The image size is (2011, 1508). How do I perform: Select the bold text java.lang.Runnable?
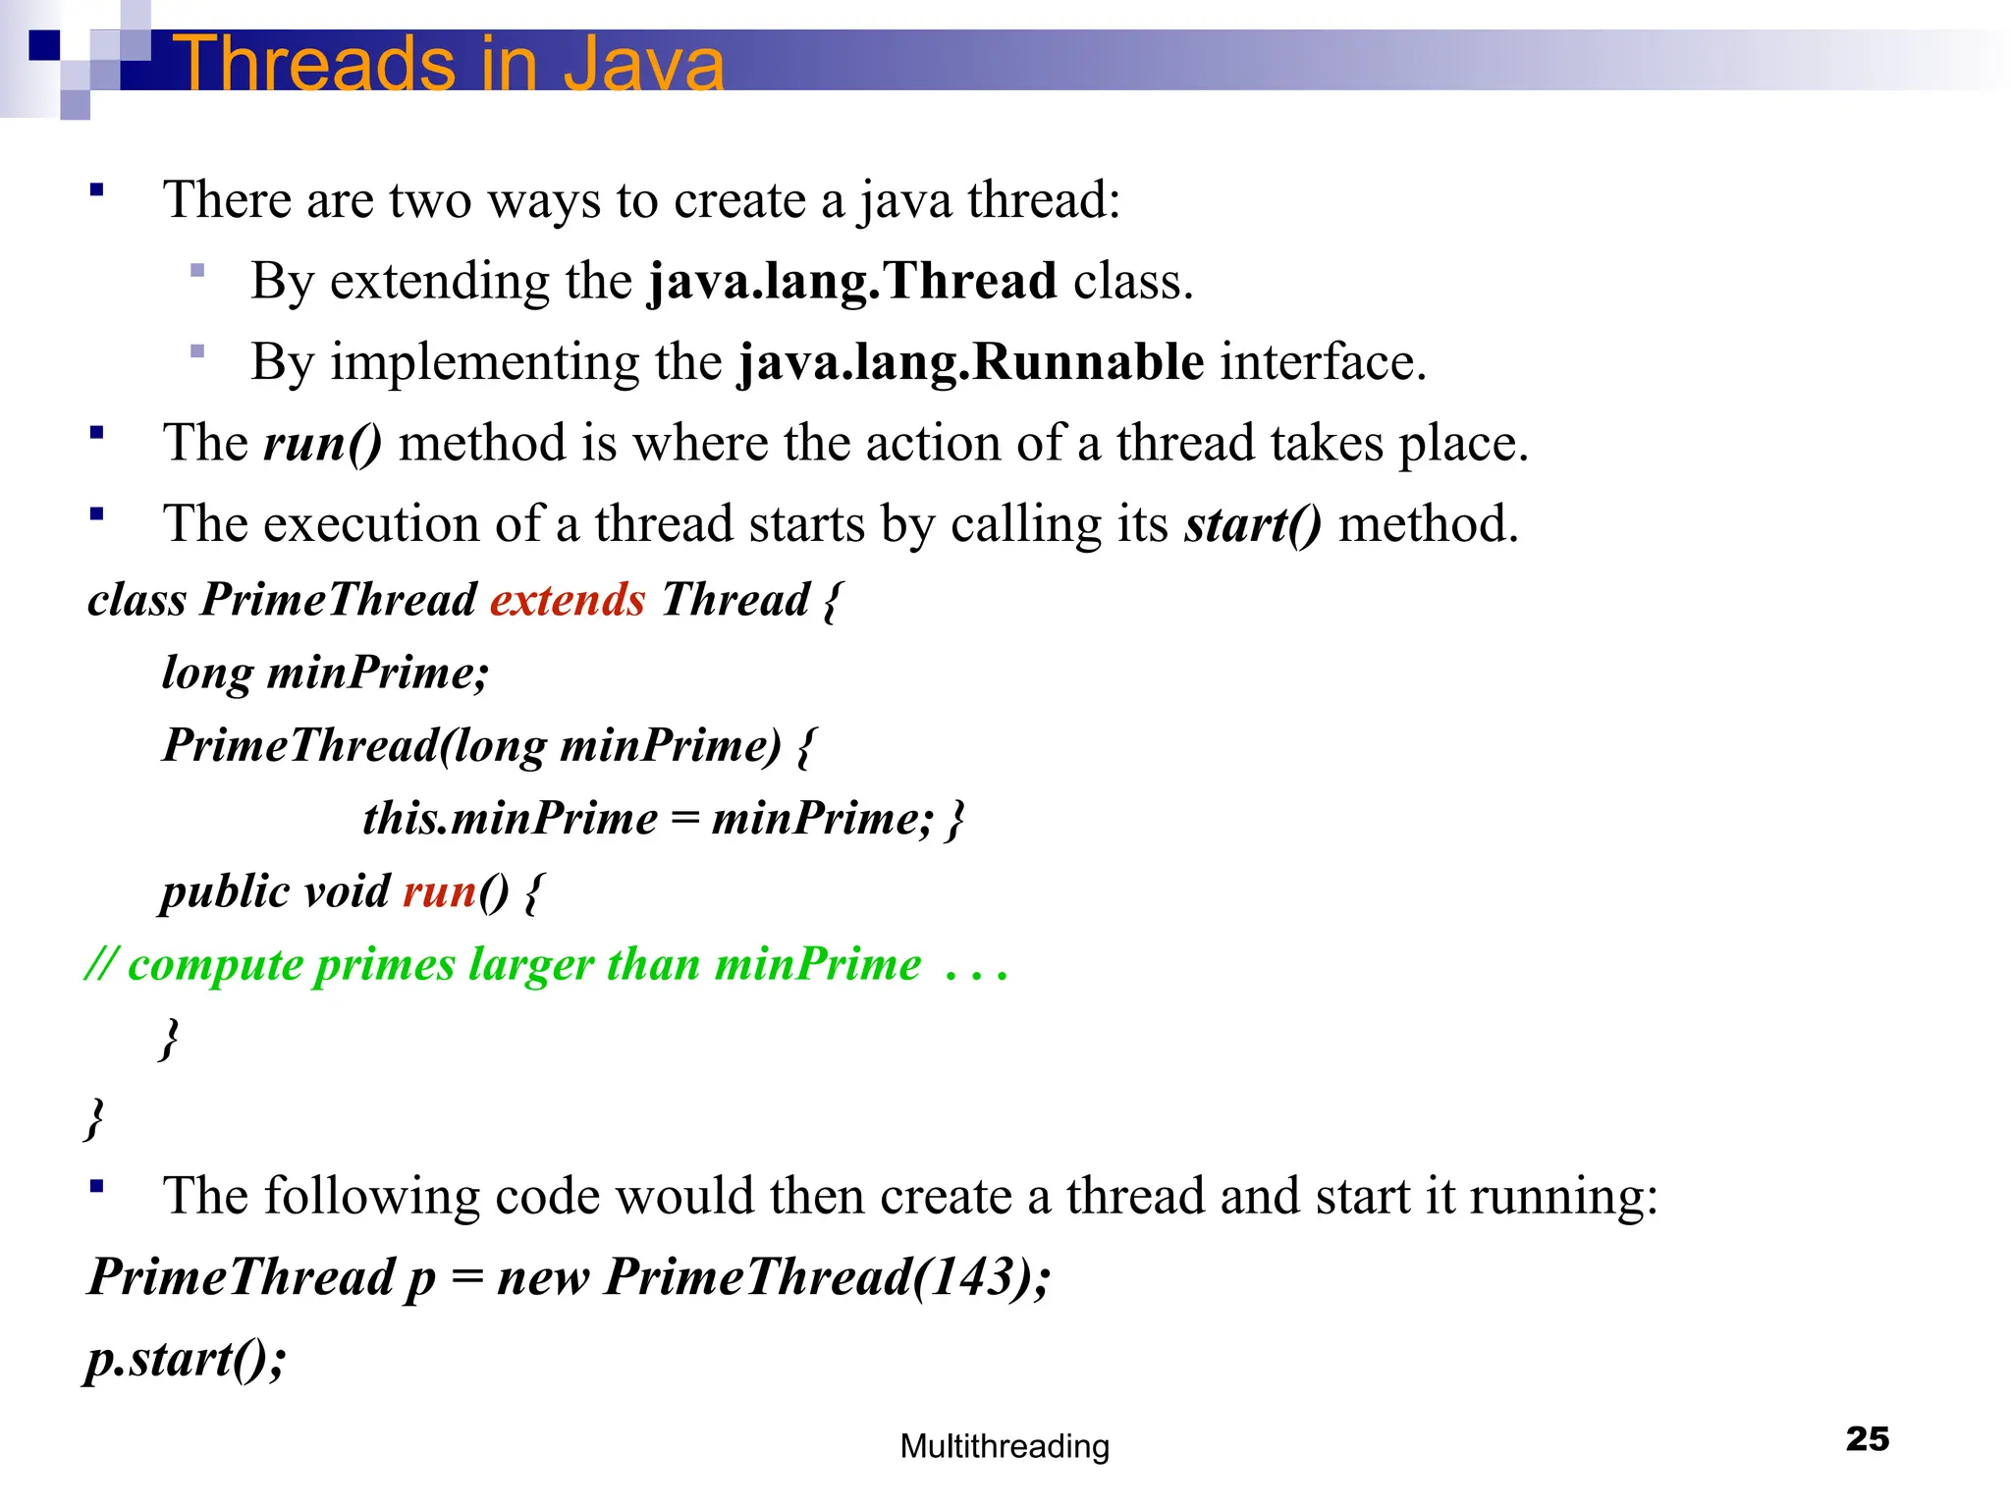pyautogui.click(x=971, y=362)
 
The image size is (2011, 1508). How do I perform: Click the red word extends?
pyautogui.click(x=568, y=600)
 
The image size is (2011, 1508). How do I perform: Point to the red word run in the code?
pyautogui.click(x=439, y=891)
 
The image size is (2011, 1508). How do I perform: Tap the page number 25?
pyautogui.click(x=1867, y=1439)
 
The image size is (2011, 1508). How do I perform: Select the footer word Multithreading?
pyautogui.click(x=1005, y=1446)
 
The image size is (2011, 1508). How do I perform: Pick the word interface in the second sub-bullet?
pyautogui.click(x=1322, y=362)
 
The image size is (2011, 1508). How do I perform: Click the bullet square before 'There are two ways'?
pyautogui.click(x=96, y=190)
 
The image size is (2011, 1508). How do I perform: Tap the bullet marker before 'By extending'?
pyautogui.click(x=197, y=271)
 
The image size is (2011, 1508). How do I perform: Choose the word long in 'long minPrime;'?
pyautogui.click(x=206, y=673)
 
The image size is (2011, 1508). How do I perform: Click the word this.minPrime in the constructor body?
pyautogui.click(x=510, y=819)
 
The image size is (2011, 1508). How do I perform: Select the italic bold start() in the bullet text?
pyautogui.click(x=1253, y=524)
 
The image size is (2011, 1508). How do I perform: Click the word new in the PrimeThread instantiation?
pyautogui.click(x=542, y=1277)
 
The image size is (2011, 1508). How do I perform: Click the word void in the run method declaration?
pyautogui.click(x=347, y=891)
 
